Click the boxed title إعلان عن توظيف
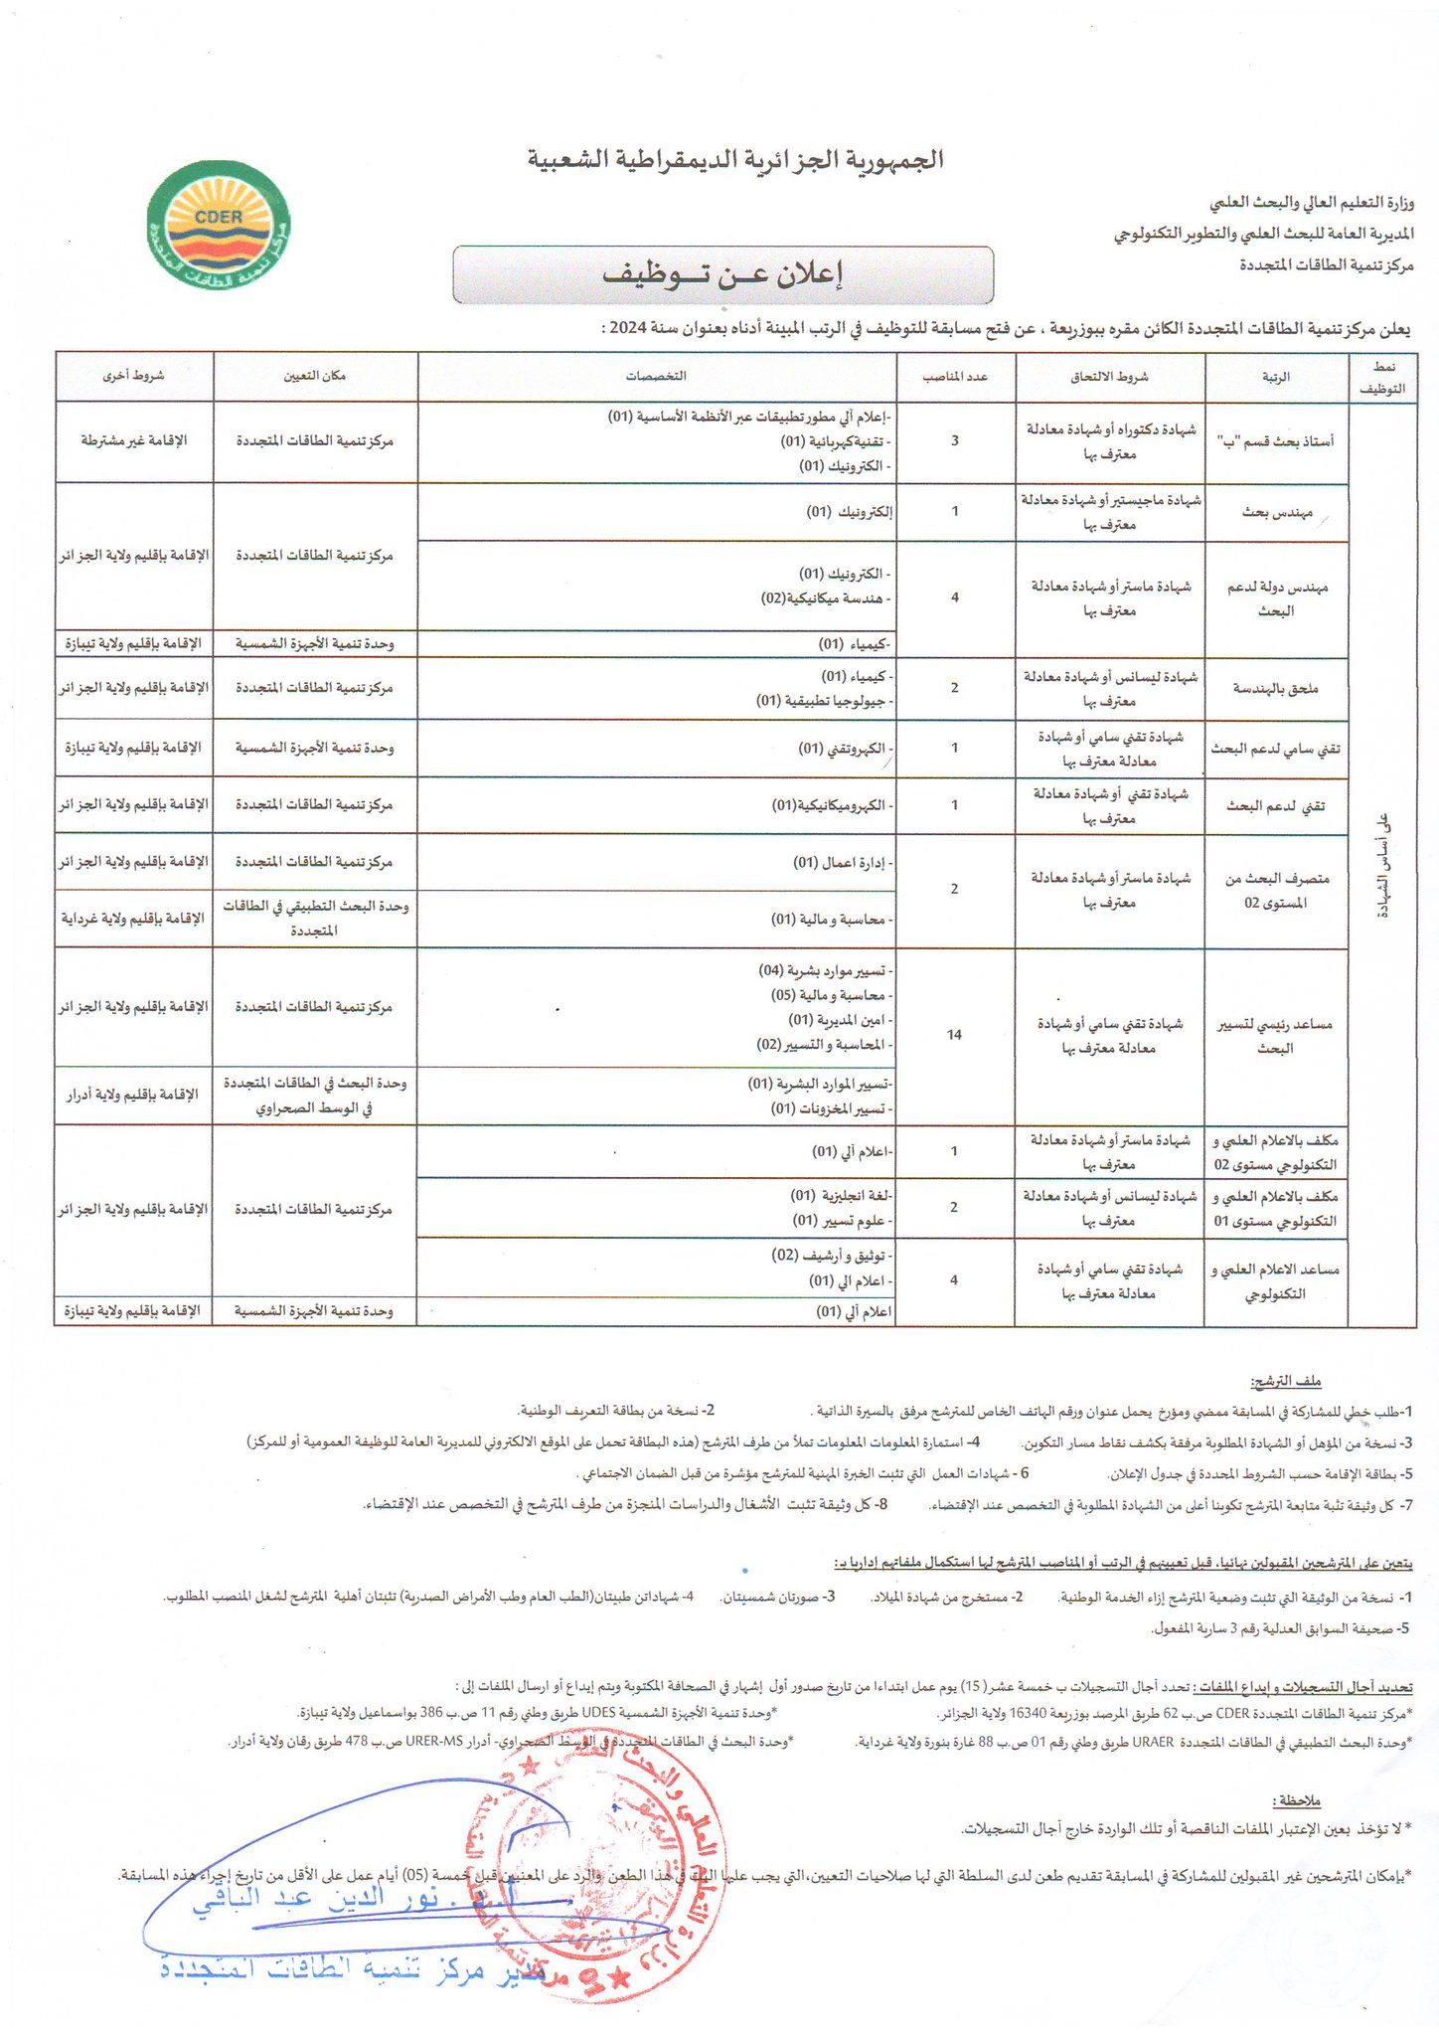722,275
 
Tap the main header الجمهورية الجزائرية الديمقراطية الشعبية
735,160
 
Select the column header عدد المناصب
954,377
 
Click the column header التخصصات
656,377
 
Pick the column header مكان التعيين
315,377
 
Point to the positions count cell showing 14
954,1035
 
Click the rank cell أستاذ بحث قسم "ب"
1276,441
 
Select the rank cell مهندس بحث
1277,513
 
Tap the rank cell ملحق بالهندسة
1276,688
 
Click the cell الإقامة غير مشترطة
134,440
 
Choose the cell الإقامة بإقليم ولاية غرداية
134,919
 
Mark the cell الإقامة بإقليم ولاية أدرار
133,1095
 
